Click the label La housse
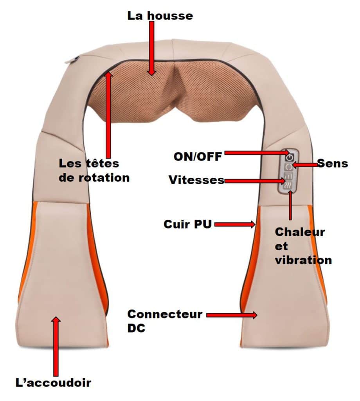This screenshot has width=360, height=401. (160, 16)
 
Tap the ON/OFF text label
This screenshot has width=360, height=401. (198, 157)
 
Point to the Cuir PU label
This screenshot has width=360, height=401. (187, 225)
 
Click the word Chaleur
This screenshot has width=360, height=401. (300, 232)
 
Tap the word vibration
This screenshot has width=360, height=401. (303, 260)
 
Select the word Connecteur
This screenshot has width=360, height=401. (165, 314)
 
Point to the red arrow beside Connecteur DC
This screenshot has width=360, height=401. (232, 315)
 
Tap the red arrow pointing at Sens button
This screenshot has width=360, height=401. (305, 165)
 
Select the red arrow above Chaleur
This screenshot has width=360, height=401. (290, 206)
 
